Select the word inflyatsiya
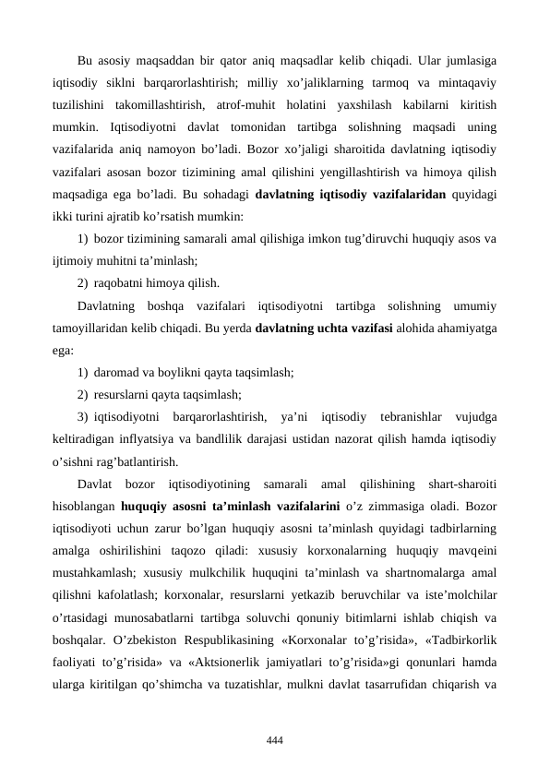click(151, 437)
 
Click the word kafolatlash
click(125, 593)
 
